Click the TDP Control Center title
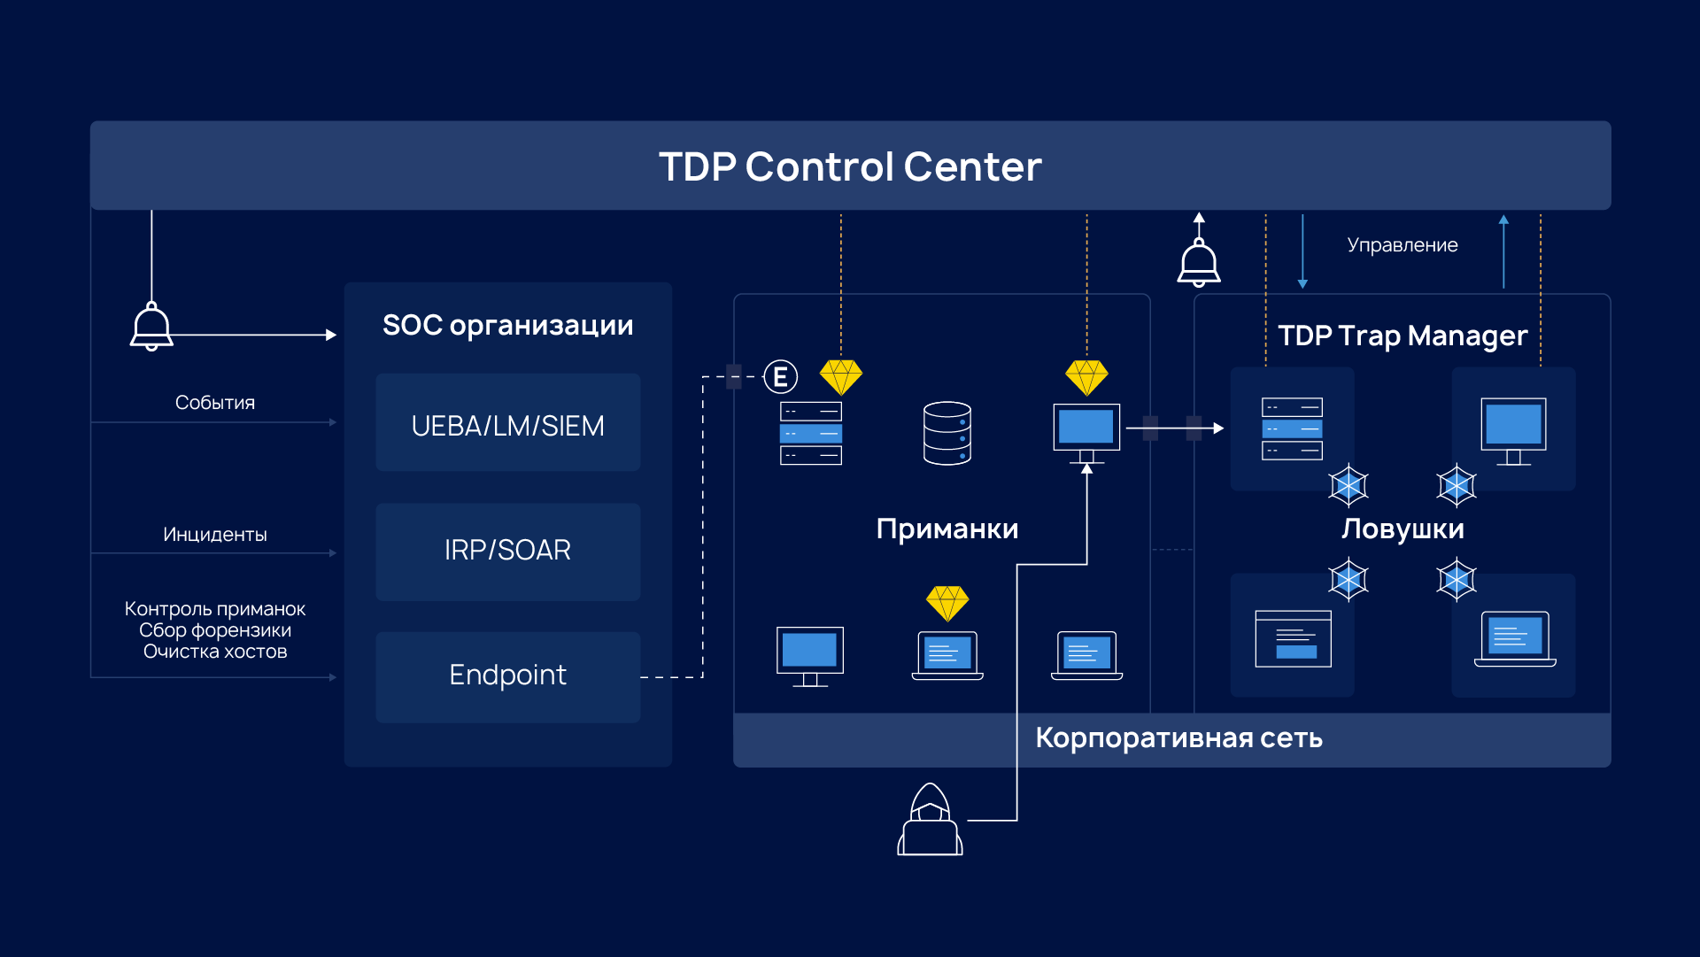[850, 166]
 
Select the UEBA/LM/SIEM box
[507, 425]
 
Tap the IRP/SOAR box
[507, 551]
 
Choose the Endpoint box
[507, 675]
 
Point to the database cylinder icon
[947, 433]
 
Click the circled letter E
[780, 377]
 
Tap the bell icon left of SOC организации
[151, 327]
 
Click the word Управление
[1402, 245]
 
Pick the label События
[214, 403]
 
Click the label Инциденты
[214, 535]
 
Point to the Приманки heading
[947, 529]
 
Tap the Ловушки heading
[1402, 529]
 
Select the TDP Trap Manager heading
[1402, 336]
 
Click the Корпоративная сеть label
[1178, 737]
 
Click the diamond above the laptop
[947, 603]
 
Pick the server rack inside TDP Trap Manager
[1292, 429]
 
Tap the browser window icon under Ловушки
[1293, 638]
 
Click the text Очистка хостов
[215, 652]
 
